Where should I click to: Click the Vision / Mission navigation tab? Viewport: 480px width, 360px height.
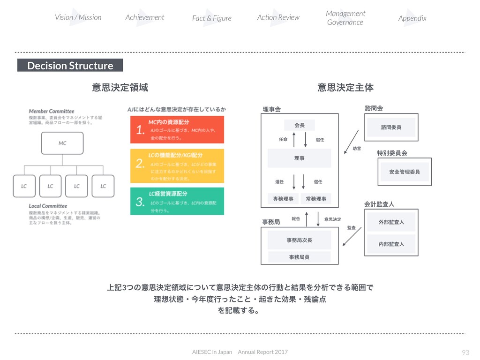[x=78, y=17]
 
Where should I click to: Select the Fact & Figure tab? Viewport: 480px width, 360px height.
[x=211, y=18]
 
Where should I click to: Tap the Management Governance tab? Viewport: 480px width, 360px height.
[x=345, y=18]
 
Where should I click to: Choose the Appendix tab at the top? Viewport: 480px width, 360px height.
[x=412, y=18]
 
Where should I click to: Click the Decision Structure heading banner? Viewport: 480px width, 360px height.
[x=70, y=65]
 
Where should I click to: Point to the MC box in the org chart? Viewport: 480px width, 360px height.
[x=62, y=143]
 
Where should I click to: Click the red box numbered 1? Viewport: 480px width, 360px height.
[x=177, y=130]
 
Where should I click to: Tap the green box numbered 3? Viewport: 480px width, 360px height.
[x=177, y=201]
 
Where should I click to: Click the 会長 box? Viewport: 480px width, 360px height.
[x=300, y=125]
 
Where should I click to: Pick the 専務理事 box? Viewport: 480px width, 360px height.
[x=283, y=199]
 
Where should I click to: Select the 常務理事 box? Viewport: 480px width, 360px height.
[x=316, y=199]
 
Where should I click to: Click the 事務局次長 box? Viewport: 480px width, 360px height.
[x=299, y=240]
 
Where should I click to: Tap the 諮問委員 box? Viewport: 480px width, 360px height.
[x=391, y=127]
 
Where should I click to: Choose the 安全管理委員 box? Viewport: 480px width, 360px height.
[x=404, y=172]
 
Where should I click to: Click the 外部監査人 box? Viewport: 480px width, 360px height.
[x=391, y=222]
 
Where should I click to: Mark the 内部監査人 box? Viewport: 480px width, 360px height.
[x=391, y=244]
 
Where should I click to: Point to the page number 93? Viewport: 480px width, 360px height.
[x=465, y=352]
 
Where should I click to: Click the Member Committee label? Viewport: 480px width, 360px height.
[x=52, y=111]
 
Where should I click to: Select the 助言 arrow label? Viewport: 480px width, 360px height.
[x=357, y=149]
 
